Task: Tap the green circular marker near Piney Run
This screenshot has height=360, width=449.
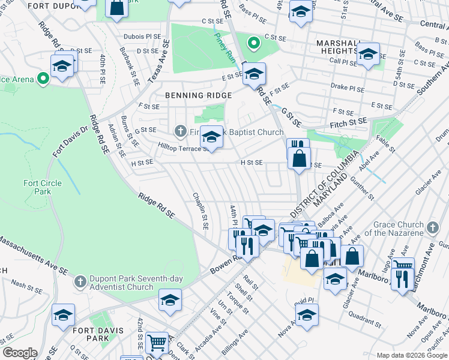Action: [x=253, y=43]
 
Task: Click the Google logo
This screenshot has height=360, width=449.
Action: [x=20, y=353]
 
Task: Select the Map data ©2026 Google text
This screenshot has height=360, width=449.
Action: [x=411, y=355]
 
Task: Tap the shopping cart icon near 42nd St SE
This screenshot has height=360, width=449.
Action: [x=157, y=343]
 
